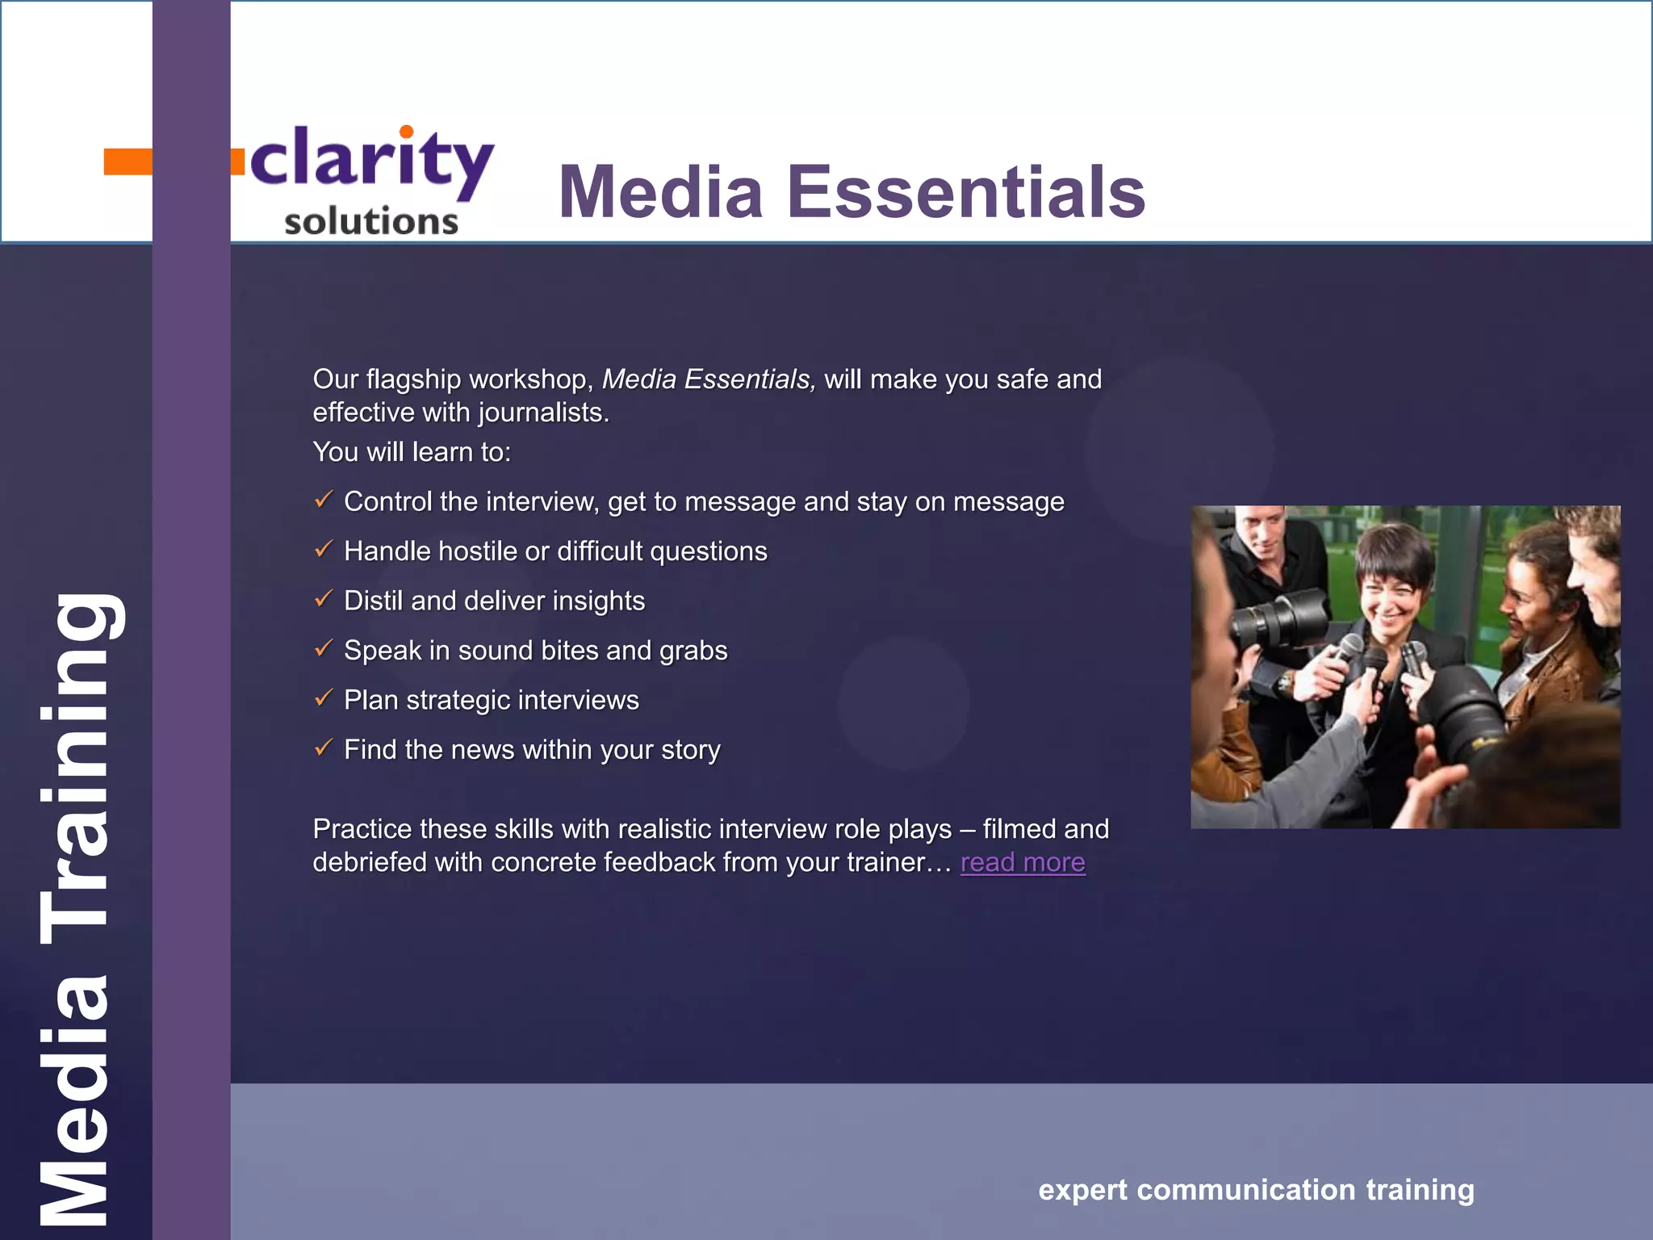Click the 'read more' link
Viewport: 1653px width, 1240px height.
coord(1022,863)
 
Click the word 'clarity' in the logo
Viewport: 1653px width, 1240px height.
coord(371,161)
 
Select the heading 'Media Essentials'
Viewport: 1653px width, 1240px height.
coord(852,192)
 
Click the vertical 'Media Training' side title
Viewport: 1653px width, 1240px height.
coord(77,908)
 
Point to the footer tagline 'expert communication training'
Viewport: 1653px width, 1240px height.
coord(1256,1190)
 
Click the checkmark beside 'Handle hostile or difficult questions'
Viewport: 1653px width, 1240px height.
coord(324,550)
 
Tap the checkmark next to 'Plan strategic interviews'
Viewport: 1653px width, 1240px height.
coord(324,698)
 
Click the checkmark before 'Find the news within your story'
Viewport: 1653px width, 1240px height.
coord(324,748)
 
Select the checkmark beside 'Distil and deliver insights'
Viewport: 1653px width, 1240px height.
coord(324,599)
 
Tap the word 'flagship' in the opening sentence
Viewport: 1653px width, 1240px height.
coord(414,379)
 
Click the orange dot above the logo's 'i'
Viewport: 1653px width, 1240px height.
coord(407,132)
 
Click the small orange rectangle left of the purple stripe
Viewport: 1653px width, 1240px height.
coord(128,161)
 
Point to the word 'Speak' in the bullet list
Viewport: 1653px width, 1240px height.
coord(382,651)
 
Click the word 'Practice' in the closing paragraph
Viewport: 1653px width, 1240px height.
coord(362,829)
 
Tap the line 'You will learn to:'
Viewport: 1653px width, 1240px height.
coord(412,452)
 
